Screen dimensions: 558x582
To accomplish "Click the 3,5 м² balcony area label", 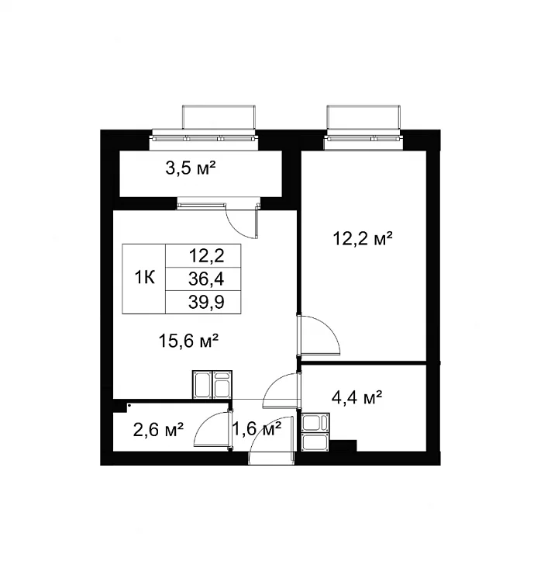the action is click(191, 169).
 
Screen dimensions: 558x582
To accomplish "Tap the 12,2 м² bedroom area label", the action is click(363, 238).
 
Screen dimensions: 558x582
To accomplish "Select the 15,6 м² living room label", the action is click(188, 341).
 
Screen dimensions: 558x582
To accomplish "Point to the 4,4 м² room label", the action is click(356, 397).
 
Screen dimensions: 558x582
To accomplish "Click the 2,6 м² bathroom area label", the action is click(158, 430).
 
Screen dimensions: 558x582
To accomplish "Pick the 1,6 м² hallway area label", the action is click(257, 429).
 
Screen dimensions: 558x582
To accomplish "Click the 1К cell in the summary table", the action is click(145, 278).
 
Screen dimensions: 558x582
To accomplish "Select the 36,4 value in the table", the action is click(206, 279).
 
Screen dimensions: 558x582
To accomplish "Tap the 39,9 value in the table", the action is click(206, 302).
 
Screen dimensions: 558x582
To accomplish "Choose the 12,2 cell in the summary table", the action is click(206, 255).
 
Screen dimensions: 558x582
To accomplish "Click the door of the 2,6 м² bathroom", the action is click(212, 431).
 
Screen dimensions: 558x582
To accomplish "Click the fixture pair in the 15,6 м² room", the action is click(212, 385).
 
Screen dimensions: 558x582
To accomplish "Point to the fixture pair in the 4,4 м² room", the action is click(315, 432).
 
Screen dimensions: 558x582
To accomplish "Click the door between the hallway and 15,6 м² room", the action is click(282, 390).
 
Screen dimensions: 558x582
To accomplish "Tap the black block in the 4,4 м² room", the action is click(343, 445).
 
